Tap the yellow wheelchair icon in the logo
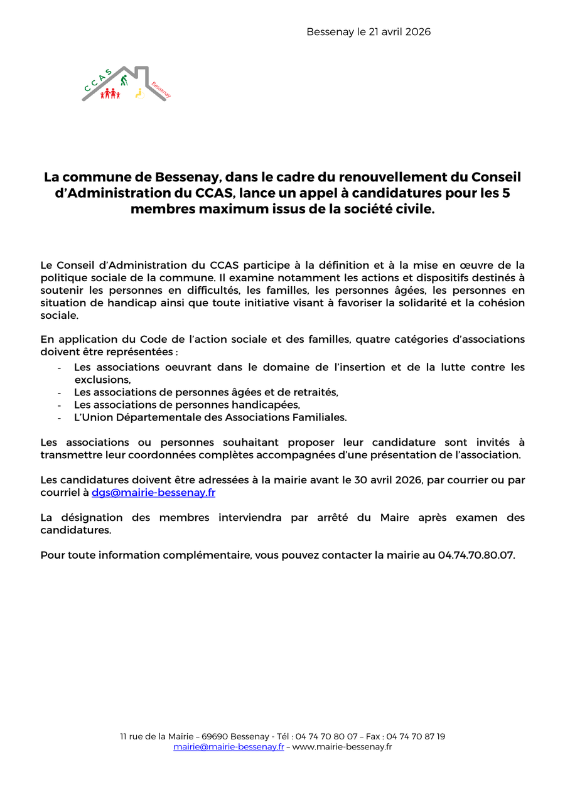coord(139,94)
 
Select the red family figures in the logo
coord(110,94)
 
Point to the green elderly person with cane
coord(125,80)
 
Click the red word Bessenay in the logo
coord(161,89)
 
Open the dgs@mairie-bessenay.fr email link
coord(153,493)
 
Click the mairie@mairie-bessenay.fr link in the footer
coord(229,747)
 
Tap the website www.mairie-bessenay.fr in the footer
coord(342,747)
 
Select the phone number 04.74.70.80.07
coord(475,555)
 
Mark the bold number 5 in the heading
coord(506,193)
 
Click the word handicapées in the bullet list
coord(267,405)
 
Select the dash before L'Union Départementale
coord(59,417)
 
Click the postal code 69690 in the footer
coord(215,736)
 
